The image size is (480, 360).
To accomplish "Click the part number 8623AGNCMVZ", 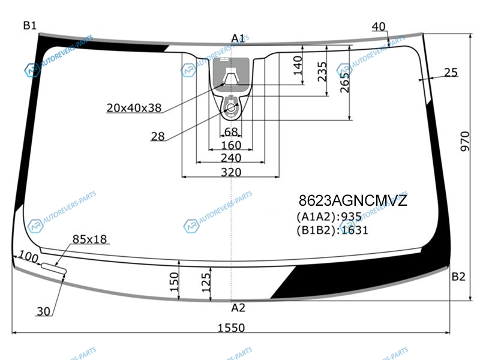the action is [x=353, y=201].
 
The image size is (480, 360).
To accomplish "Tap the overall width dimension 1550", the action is [x=231, y=328].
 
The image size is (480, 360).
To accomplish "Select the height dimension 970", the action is [x=464, y=141].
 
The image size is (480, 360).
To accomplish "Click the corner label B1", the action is [x=29, y=25].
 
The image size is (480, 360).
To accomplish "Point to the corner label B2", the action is [x=458, y=277].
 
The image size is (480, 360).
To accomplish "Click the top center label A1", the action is [x=238, y=38].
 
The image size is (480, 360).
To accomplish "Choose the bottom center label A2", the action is [x=238, y=308].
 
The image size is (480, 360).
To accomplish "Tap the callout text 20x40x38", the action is [x=134, y=108].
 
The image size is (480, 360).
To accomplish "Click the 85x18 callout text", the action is [x=89, y=239].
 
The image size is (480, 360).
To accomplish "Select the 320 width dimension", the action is [x=231, y=172].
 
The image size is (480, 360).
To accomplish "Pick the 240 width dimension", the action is [x=231, y=158].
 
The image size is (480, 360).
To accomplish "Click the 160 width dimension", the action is [x=231, y=145].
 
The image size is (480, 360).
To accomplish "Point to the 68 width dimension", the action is [x=231, y=132].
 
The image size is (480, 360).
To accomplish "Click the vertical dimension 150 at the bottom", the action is [x=174, y=282].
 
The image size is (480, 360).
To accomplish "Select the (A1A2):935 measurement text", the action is [x=329, y=217].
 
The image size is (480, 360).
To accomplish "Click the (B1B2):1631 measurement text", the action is [x=332, y=230].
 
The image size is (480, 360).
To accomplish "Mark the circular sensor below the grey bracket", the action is [x=231, y=107].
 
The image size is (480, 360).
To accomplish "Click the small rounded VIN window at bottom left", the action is [x=54, y=268].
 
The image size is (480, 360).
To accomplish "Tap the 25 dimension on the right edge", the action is [x=451, y=73].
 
